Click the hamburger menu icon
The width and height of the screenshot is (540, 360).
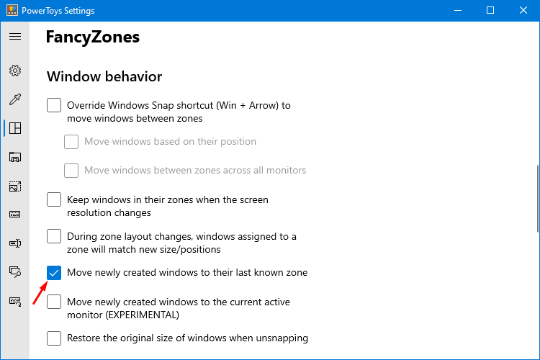(x=15, y=36)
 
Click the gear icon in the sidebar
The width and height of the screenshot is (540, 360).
(x=15, y=71)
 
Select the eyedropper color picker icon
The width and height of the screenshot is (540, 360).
(x=15, y=99)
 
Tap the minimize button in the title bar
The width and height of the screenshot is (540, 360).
(x=458, y=10)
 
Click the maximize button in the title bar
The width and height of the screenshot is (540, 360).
(x=490, y=10)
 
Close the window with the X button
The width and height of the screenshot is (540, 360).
(x=523, y=10)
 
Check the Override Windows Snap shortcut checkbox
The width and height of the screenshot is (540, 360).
(x=54, y=105)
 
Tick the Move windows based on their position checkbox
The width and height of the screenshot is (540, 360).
(x=71, y=142)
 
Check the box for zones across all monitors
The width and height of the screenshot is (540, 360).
(x=71, y=171)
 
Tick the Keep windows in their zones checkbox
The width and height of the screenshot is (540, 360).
(x=54, y=199)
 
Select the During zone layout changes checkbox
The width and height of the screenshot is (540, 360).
(x=54, y=236)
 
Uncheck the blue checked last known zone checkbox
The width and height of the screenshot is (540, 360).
(x=54, y=273)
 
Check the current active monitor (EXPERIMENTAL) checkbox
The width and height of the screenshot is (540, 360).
(x=54, y=302)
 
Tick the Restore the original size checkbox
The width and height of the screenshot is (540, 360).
(x=54, y=338)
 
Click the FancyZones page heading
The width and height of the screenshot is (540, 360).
(x=93, y=37)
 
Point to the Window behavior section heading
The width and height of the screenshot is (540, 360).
(x=104, y=76)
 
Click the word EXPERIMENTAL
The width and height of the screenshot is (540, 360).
(x=143, y=315)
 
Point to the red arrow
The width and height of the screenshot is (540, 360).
(x=40, y=293)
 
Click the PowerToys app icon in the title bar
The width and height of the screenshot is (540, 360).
(x=12, y=10)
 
